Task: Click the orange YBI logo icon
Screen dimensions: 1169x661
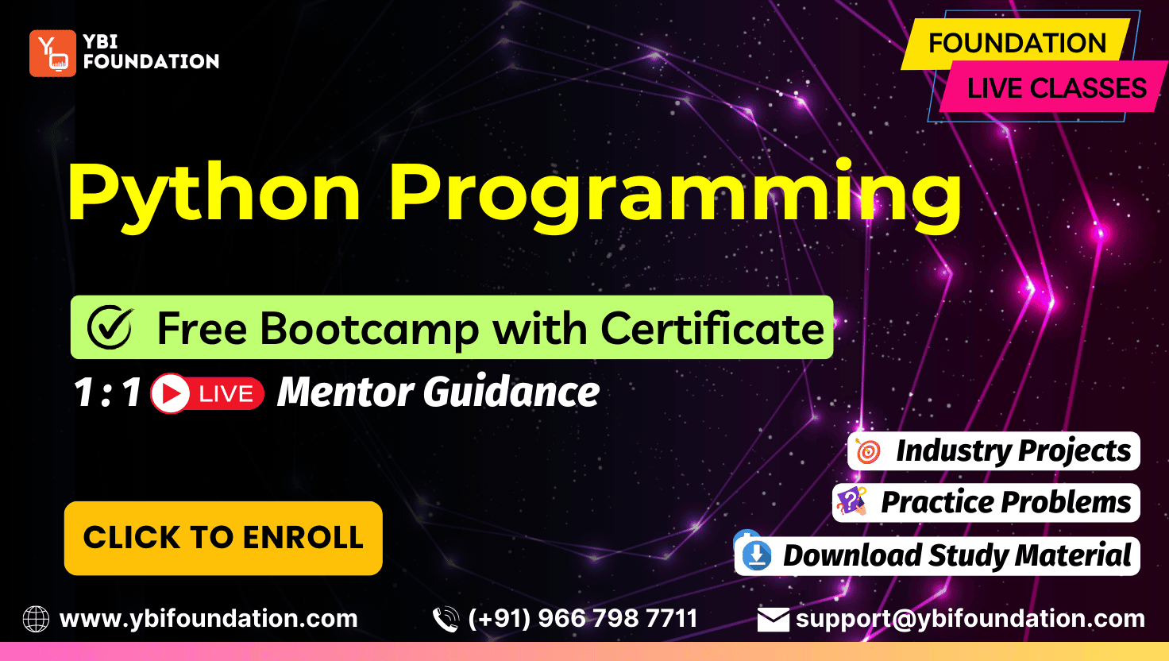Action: pos(52,53)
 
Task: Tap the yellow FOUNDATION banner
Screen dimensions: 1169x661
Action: pos(1016,44)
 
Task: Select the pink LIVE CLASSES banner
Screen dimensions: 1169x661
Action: pos(1054,87)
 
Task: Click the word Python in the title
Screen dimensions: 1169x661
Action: pos(214,194)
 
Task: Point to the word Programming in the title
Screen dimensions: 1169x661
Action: pos(675,194)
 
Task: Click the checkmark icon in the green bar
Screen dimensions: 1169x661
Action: pos(110,327)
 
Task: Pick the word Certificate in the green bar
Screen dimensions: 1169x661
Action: pos(712,329)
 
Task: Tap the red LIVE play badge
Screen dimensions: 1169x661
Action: pos(207,393)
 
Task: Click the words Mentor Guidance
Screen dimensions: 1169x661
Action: pos(438,392)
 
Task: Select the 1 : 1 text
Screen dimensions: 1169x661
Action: pos(107,392)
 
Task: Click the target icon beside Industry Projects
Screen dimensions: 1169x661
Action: pos(868,451)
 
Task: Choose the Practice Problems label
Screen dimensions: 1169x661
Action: pos(1005,502)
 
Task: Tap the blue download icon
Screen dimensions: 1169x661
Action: pos(757,555)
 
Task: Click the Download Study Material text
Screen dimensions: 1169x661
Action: pos(957,555)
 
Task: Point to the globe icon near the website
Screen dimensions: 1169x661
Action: pos(36,619)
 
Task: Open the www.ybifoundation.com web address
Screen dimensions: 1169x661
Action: pos(209,619)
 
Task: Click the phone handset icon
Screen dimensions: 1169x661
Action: pos(446,619)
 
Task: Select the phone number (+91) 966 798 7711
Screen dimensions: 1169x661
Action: pos(583,619)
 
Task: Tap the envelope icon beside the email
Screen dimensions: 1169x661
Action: pos(774,620)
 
